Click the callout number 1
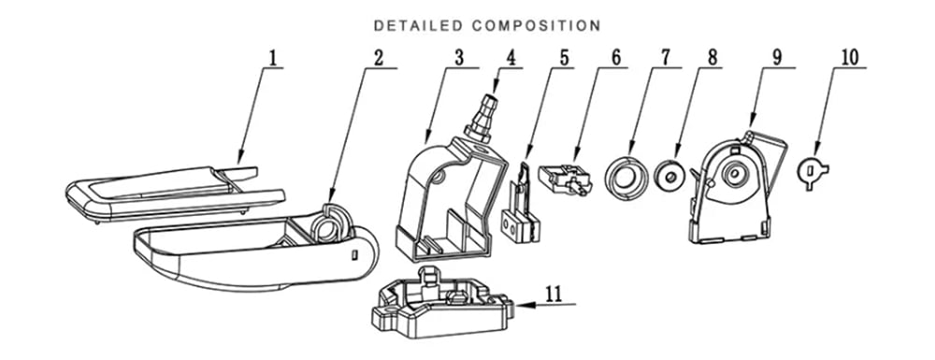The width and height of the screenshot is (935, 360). tap(273, 58)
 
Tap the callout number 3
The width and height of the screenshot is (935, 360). tap(458, 58)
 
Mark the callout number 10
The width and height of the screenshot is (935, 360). tap(850, 58)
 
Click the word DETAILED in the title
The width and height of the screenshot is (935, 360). tap(418, 25)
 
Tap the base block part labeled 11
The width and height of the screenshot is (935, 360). tap(442, 303)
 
